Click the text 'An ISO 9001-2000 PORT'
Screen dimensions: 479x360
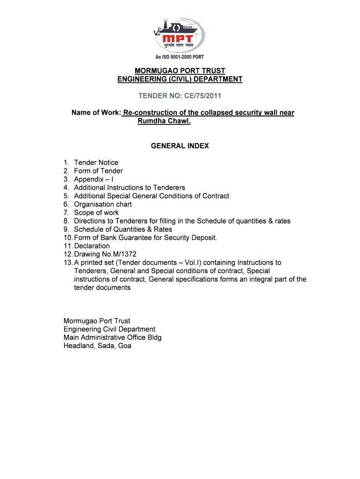[x=180, y=57]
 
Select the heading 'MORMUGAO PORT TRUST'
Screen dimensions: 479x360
[x=180, y=71]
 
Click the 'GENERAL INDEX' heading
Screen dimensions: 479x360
[x=180, y=146]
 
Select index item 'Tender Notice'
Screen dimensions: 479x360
[x=96, y=163]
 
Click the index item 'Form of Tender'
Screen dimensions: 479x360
[x=98, y=171]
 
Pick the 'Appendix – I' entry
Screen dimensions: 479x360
[x=94, y=180]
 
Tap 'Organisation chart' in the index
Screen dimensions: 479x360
[x=103, y=204]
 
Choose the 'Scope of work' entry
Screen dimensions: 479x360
[x=96, y=213]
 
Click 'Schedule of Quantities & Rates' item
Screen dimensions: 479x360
[x=123, y=230]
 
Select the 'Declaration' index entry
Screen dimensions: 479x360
[x=92, y=246]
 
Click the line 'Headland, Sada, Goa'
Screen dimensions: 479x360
[x=97, y=346]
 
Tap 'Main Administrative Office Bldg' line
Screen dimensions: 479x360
[x=112, y=338]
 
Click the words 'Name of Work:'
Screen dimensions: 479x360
[x=96, y=113]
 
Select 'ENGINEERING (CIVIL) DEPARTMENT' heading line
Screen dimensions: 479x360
[x=180, y=80]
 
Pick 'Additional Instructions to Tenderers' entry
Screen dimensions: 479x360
[x=130, y=188]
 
